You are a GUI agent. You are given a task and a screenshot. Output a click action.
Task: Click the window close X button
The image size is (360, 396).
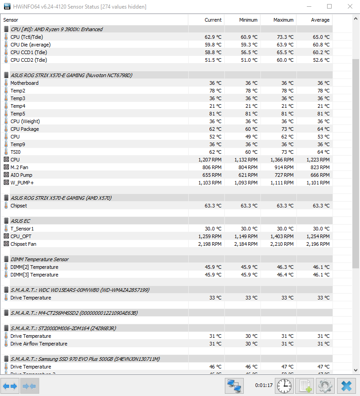(x=350, y=6)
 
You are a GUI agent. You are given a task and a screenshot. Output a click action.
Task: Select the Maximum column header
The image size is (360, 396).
(x=283, y=20)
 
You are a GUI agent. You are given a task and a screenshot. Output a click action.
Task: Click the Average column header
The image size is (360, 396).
(x=320, y=20)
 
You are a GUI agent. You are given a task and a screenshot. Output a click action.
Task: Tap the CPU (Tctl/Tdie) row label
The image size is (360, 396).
(x=28, y=37)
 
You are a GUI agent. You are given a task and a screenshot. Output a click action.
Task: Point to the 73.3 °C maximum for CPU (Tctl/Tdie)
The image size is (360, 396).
(x=284, y=37)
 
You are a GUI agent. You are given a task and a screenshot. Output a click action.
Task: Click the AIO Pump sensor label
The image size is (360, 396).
(x=21, y=175)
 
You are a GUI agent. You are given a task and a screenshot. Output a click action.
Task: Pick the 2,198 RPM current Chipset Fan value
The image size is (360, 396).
(x=210, y=244)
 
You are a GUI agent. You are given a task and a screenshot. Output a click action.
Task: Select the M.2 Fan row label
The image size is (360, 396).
(x=19, y=167)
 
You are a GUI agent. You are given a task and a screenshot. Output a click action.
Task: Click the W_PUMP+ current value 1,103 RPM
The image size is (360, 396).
(x=210, y=183)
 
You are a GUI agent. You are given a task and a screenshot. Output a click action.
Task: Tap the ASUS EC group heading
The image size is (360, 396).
(x=20, y=221)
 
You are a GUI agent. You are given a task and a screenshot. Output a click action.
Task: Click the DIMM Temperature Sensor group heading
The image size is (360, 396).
(x=40, y=259)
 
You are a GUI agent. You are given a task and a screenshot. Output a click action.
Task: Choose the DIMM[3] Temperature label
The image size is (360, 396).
(x=34, y=275)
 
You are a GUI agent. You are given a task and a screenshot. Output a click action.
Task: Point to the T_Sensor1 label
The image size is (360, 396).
(x=22, y=229)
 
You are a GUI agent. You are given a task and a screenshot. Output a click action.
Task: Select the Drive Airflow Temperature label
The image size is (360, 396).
(x=39, y=344)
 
